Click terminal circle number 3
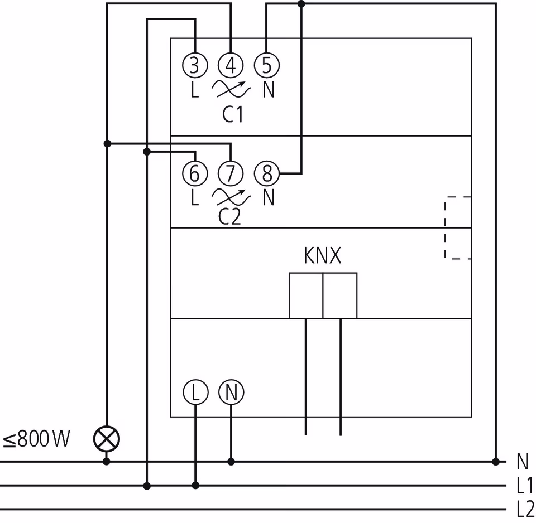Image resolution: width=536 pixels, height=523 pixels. click(x=194, y=66)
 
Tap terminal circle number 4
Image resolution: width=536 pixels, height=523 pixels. click(x=231, y=66)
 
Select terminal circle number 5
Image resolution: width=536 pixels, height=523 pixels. click(x=267, y=66)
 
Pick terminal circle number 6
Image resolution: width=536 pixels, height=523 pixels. click(x=194, y=173)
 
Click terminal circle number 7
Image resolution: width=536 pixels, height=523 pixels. click(x=231, y=173)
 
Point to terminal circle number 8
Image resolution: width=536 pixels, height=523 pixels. click(x=267, y=173)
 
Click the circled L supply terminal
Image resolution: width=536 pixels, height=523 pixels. click(x=195, y=393)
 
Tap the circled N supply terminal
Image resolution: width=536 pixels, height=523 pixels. click(x=231, y=393)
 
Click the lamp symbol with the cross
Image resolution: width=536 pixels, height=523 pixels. click(x=107, y=439)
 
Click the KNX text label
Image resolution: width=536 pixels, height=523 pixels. click(x=322, y=256)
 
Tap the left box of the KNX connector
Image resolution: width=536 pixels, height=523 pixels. click(x=306, y=296)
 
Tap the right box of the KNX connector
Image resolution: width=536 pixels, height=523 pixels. click(x=340, y=296)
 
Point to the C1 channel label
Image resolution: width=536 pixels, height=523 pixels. click(x=233, y=115)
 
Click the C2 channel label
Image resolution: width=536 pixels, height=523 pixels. click(x=229, y=216)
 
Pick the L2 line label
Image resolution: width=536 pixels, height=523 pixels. click(x=525, y=509)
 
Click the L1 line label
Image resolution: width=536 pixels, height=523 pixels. click(x=525, y=485)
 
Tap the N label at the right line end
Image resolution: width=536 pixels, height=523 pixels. click(x=523, y=462)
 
